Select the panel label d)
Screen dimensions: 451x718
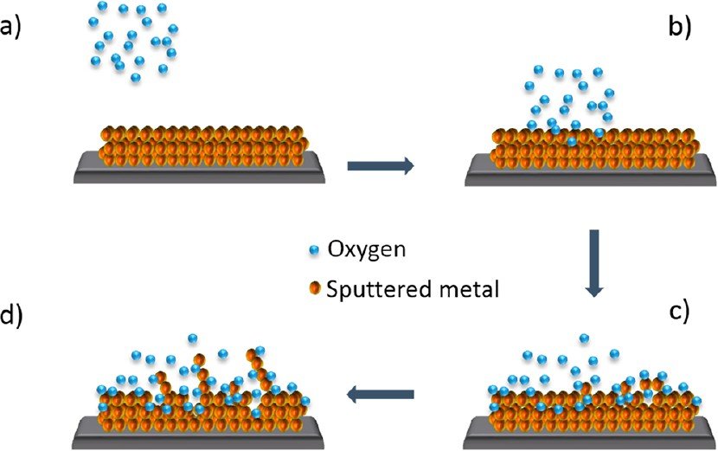pyautogui.click(x=13, y=315)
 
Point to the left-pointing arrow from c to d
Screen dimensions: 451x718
pyautogui.click(x=380, y=395)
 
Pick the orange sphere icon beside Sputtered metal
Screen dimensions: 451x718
pyautogui.click(x=317, y=289)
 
